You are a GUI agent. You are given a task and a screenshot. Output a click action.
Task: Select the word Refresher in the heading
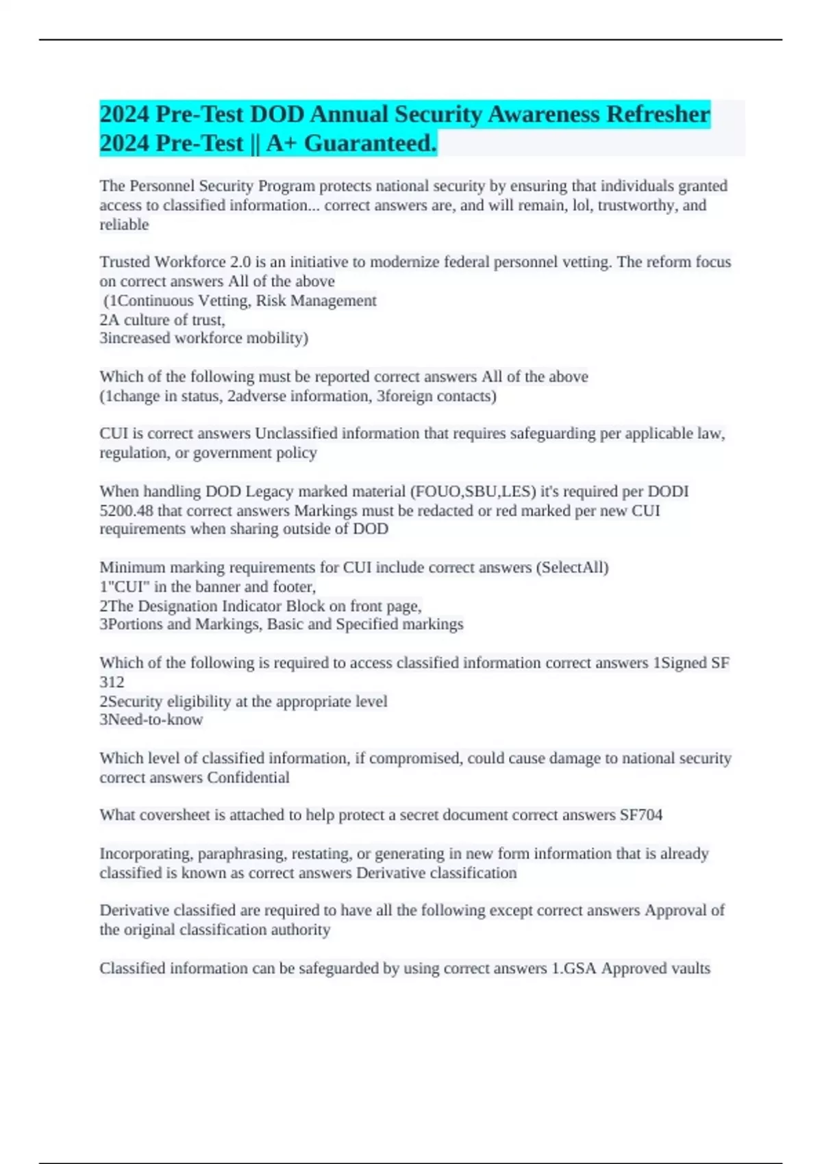point(657,114)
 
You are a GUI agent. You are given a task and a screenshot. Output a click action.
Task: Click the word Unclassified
point(296,434)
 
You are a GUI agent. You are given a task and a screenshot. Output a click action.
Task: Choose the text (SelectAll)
point(572,568)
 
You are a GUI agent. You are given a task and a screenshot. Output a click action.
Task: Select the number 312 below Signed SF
point(112,682)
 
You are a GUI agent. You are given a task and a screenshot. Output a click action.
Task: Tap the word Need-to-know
point(155,720)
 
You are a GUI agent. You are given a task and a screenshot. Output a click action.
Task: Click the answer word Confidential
point(248,778)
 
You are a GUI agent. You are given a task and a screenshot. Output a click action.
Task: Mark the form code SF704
point(640,815)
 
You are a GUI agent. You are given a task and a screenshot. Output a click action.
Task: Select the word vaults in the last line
point(691,968)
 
